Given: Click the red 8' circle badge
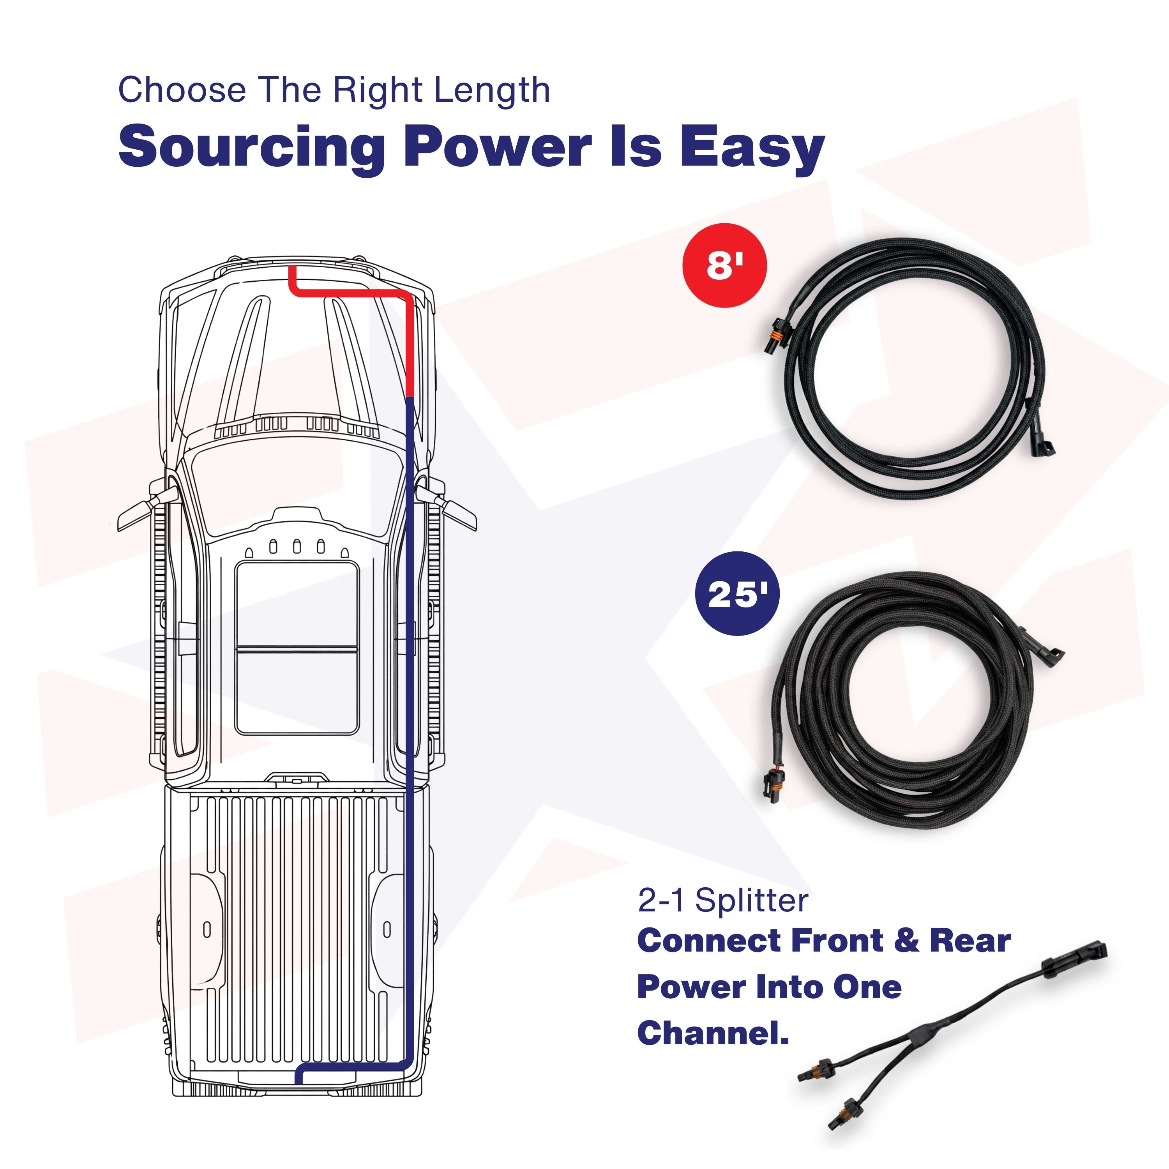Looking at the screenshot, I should coord(724,265).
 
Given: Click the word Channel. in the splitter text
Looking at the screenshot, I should coord(713,1032).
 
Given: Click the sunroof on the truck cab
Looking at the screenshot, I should coord(297,647).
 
